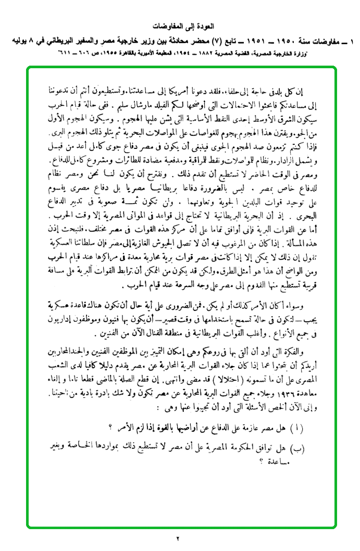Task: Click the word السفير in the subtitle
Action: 81,40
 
